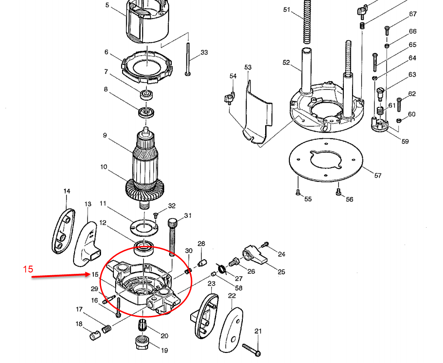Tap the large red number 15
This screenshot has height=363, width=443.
(x=28, y=269)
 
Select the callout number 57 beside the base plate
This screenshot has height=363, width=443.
(x=378, y=176)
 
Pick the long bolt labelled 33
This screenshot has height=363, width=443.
(x=188, y=59)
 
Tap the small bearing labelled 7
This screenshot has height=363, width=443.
(x=146, y=94)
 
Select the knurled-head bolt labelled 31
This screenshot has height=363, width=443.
(x=172, y=237)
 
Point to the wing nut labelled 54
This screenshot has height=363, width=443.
(x=230, y=98)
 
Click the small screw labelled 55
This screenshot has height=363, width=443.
(x=298, y=192)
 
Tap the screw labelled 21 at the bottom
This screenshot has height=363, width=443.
(x=251, y=349)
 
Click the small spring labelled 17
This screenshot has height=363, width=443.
(x=107, y=329)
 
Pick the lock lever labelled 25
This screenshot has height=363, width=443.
(x=255, y=254)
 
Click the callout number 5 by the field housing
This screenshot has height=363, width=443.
(x=107, y=5)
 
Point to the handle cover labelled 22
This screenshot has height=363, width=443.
(x=231, y=330)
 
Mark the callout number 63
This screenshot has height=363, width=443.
(x=412, y=75)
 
